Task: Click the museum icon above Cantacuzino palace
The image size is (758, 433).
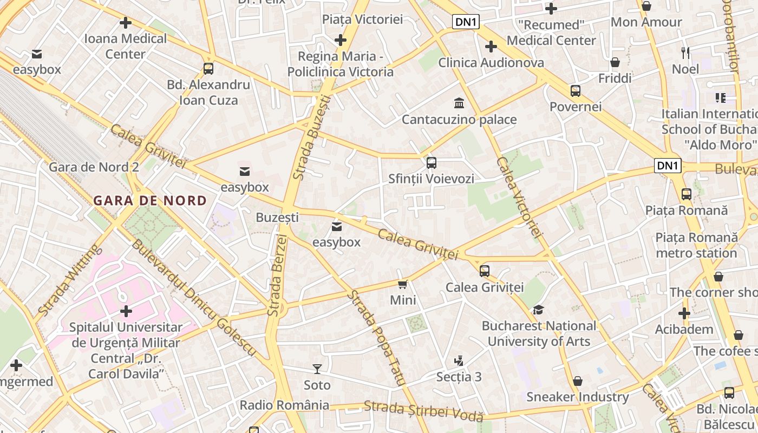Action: (x=459, y=103)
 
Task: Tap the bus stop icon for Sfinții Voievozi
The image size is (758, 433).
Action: (x=431, y=162)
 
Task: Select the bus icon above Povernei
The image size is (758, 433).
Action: (x=575, y=91)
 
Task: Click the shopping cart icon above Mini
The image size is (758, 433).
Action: (x=402, y=284)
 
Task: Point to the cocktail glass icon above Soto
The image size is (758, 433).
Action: (x=317, y=369)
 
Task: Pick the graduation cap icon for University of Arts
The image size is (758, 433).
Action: (x=538, y=310)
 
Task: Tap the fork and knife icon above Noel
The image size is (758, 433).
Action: (x=685, y=53)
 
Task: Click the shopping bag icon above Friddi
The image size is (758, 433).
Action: (x=615, y=62)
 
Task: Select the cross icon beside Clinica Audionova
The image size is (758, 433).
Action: (x=491, y=47)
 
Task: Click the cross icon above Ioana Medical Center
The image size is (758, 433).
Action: (x=126, y=23)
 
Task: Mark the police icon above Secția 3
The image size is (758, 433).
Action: (x=459, y=360)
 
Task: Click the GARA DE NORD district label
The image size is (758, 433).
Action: (x=150, y=201)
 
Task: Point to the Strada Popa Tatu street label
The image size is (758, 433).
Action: (x=377, y=338)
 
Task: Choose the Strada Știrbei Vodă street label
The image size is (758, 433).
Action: (x=423, y=410)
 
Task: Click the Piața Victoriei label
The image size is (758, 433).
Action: (x=362, y=19)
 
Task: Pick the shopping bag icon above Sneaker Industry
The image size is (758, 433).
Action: (x=578, y=381)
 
